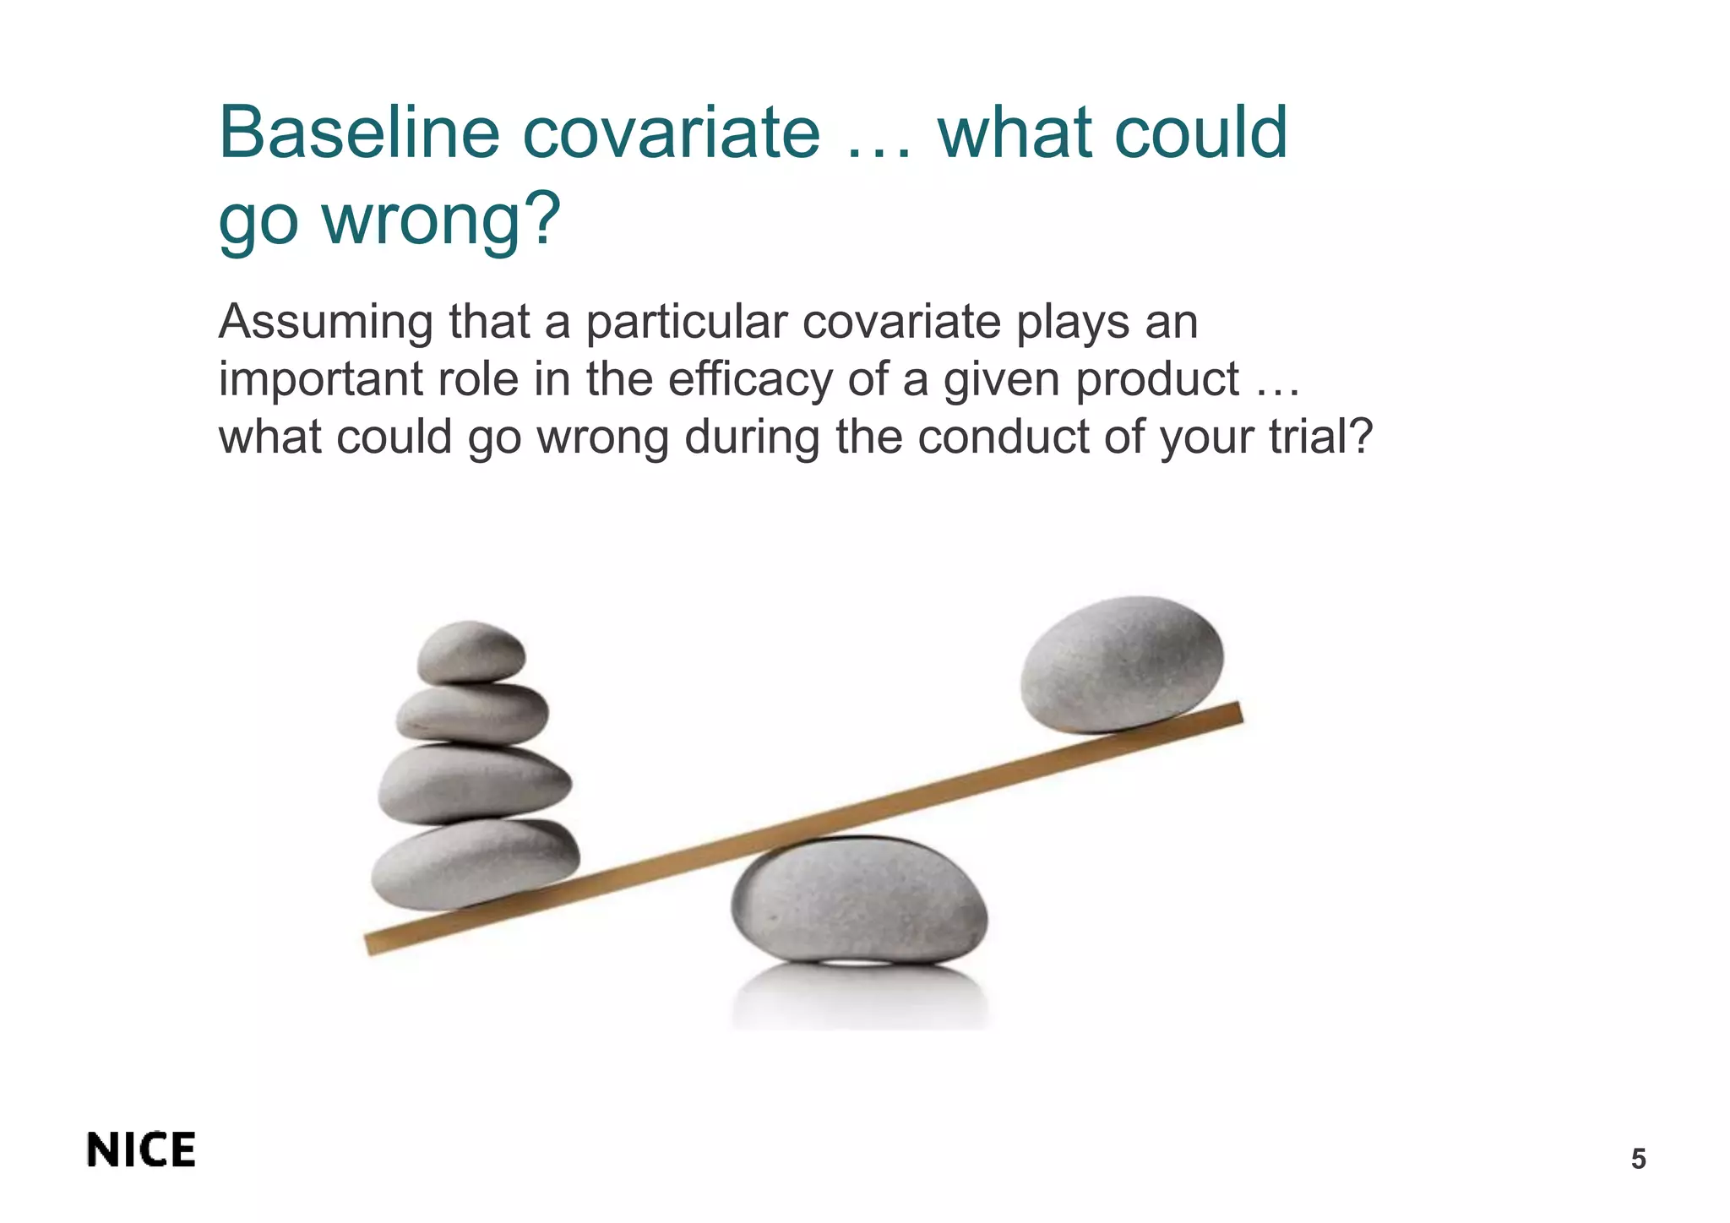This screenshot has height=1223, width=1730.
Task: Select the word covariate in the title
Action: click(671, 133)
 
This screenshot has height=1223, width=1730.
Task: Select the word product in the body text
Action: click(1156, 381)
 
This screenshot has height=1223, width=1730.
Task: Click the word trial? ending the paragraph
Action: click(1321, 438)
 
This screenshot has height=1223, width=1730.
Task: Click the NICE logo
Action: click(141, 1150)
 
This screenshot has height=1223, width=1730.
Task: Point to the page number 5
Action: click(1638, 1160)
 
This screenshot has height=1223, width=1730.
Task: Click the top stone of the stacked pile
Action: click(471, 652)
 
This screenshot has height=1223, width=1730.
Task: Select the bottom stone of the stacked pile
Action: click(476, 862)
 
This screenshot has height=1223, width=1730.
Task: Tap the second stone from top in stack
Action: click(472, 714)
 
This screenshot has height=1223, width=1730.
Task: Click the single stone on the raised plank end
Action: click(1121, 663)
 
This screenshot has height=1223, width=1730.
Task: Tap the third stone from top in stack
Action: click(474, 783)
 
